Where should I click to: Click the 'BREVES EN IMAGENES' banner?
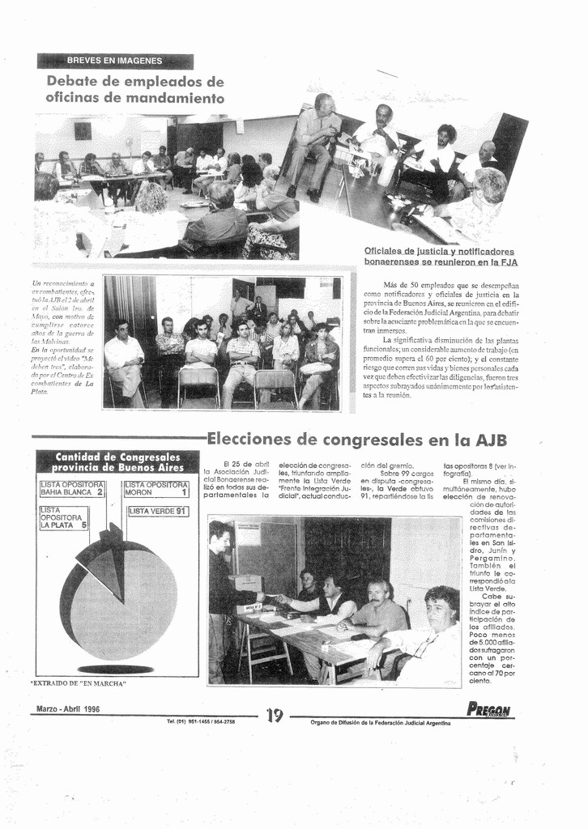114,61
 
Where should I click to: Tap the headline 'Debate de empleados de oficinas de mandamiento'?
134,90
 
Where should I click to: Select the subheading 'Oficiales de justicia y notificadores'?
439,251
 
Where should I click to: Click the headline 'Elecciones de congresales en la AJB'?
357,440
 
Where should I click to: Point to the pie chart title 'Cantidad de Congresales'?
117,457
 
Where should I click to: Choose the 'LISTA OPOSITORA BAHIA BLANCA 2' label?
72,488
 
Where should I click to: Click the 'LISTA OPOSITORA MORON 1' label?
156,488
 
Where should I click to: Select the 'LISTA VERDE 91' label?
158,511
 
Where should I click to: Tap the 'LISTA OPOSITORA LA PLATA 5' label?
64,517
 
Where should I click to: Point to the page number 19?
275,714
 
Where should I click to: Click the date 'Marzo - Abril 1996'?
68,709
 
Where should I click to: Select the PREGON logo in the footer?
488,709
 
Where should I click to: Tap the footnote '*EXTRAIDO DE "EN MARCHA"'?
79,683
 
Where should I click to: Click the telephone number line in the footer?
201,721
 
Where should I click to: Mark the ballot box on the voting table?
245,583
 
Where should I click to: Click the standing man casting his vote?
221,599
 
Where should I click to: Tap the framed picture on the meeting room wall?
83,130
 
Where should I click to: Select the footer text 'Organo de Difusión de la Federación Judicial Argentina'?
381,722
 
